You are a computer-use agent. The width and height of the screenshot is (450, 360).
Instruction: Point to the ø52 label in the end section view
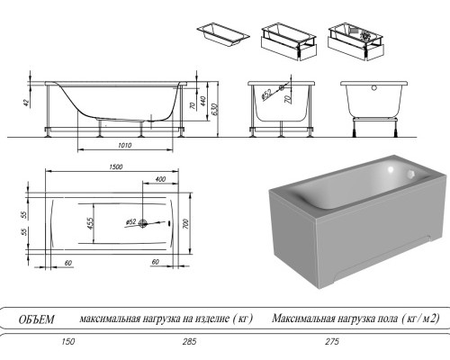[x=267, y=94]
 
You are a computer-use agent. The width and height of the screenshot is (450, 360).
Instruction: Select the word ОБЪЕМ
[x=37, y=319]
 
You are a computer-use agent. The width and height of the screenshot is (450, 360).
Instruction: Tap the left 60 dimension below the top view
[x=67, y=262]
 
